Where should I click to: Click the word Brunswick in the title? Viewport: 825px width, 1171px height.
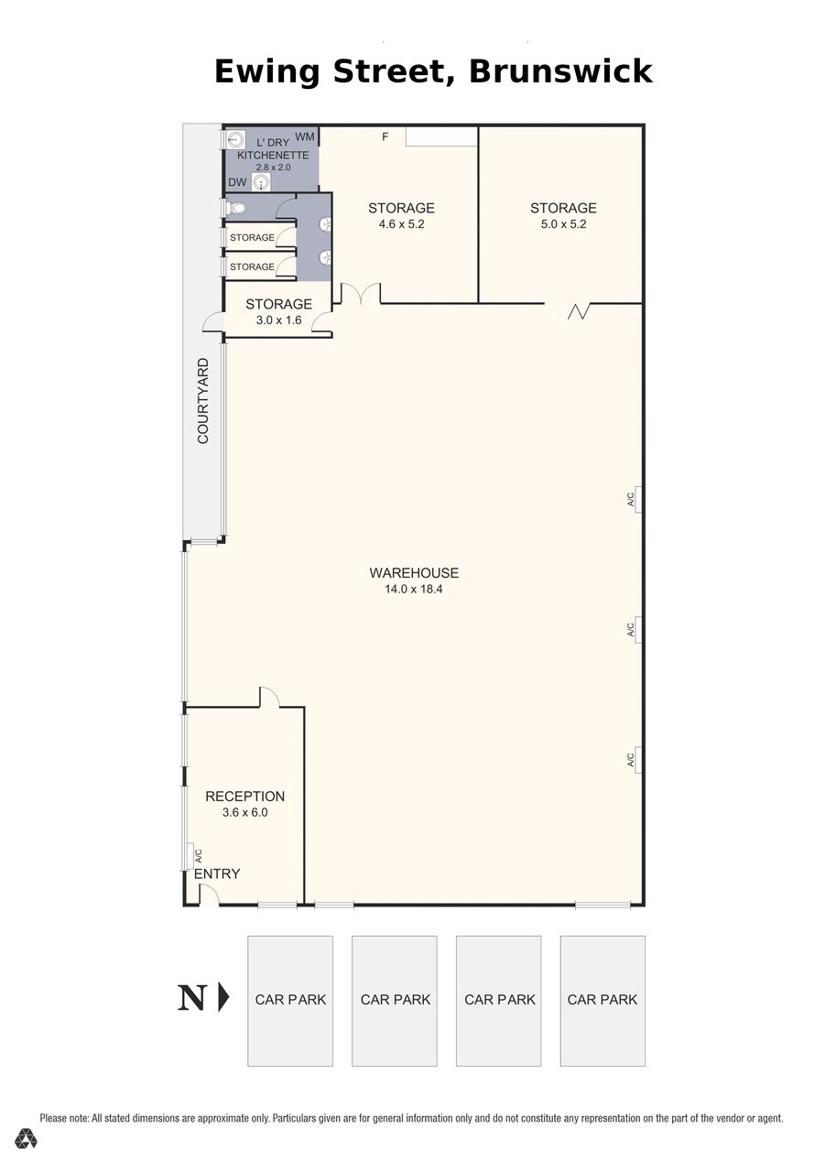click(560, 71)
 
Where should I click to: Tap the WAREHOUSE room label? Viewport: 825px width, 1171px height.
click(414, 573)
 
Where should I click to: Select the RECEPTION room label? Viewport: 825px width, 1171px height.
click(244, 797)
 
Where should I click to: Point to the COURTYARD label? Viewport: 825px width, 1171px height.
click(202, 401)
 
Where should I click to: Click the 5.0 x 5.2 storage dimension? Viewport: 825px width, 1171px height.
click(563, 224)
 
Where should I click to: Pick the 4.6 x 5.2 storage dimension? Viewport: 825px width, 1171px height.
click(401, 224)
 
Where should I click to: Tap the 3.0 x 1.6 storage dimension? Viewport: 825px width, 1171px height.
click(278, 320)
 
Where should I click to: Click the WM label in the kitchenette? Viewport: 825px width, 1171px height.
click(305, 137)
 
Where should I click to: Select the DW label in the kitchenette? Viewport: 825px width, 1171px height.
click(237, 182)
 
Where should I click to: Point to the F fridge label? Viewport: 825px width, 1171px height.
click(385, 137)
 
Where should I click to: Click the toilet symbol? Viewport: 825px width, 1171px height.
click(235, 208)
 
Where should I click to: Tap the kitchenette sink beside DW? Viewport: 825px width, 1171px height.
click(261, 182)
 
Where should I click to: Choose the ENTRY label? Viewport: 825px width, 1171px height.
click(217, 873)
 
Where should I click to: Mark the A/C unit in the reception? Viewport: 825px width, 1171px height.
click(190, 856)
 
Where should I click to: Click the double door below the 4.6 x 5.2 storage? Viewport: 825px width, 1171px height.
click(361, 293)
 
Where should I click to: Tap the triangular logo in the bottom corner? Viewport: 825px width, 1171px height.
click(26, 1138)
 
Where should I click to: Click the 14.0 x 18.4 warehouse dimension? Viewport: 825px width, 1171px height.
click(414, 589)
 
